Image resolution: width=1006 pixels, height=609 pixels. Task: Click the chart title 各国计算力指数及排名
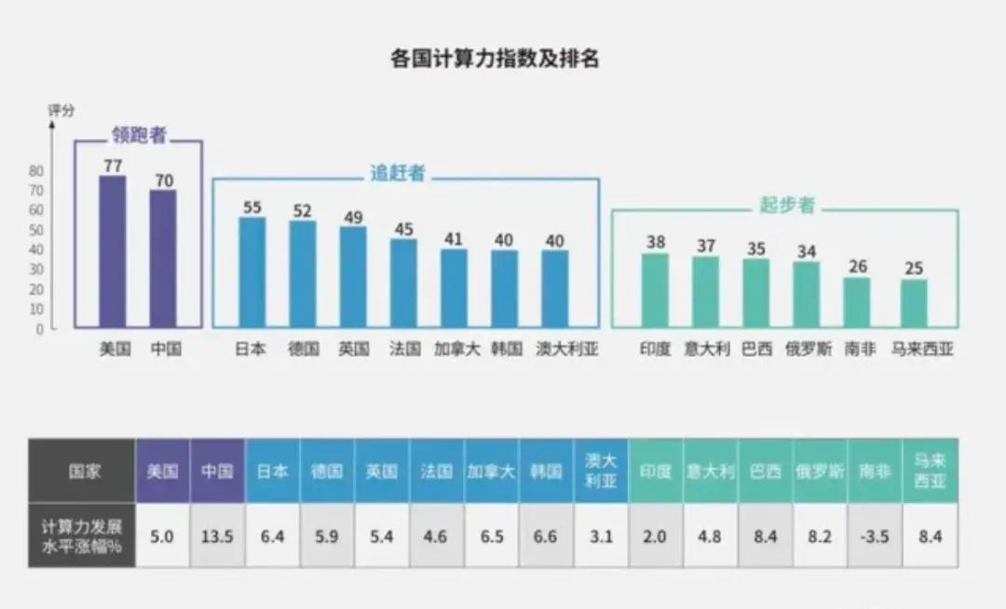click(x=495, y=60)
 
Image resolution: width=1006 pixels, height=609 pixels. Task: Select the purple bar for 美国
click(x=113, y=251)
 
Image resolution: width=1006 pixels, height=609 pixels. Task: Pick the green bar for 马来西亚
click(x=914, y=304)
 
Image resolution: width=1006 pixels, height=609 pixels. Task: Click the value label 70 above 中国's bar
click(x=164, y=181)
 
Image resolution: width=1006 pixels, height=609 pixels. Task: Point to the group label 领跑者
click(x=139, y=135)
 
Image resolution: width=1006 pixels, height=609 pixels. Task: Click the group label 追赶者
click(x=398, y=173)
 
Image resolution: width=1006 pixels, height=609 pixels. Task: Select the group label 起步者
click(x=786, y=205)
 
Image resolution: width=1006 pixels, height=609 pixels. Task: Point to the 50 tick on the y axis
click(x=36, y=230)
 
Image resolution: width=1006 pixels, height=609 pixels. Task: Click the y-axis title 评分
click(x=61, y=111)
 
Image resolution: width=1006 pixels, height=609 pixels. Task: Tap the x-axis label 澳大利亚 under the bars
click(x=568, y=350)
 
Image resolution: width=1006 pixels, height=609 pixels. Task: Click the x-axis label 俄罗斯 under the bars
click(x=808, y=350)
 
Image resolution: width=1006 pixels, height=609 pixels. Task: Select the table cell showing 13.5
click(x=217, y=535)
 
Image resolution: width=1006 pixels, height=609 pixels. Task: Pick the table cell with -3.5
click(x=875, y=535)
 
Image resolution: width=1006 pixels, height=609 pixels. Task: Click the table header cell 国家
click(x=81, y=471)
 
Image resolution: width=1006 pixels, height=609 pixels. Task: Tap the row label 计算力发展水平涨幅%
click(x=81, y=535)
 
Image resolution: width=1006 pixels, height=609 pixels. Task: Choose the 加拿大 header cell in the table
click(x=491, y=471)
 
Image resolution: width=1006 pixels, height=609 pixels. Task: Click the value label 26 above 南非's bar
click(x=857, y=267)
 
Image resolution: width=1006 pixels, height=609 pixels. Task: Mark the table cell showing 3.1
click(x=601, y=535)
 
